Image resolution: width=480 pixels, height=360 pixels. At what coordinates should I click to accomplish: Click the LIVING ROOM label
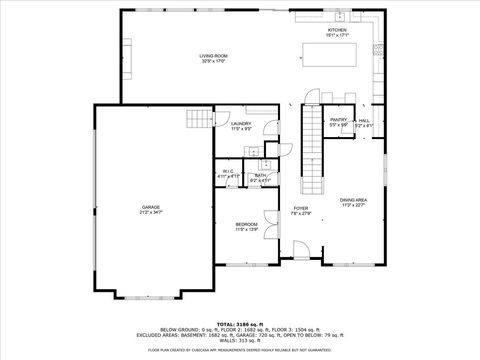tap(212, 56)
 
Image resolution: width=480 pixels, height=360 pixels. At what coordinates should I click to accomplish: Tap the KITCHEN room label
tap(337, 31)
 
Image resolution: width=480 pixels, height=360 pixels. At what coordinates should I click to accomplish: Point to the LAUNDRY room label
tap(241, 124)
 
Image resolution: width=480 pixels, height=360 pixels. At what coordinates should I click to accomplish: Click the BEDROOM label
tap(246, 224)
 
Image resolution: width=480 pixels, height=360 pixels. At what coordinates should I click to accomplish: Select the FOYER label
tap(299, 208)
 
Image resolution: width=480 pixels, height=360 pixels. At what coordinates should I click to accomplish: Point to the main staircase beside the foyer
tap(316, 150)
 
